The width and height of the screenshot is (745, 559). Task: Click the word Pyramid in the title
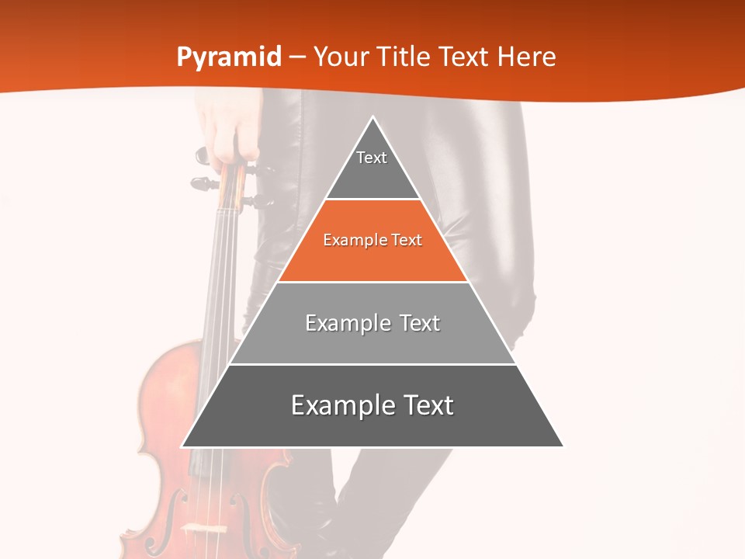[x=229, y=57]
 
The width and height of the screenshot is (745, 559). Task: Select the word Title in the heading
[x=404, y=57]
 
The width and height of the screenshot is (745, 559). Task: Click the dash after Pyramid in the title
[x=297, y=57]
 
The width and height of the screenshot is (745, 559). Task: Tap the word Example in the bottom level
[x=339, y=405]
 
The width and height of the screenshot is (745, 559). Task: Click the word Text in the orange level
[x=407, y=241]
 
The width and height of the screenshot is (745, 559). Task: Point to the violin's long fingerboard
[x=220, y=311]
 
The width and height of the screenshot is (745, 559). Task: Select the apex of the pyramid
[x=372, y=118]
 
